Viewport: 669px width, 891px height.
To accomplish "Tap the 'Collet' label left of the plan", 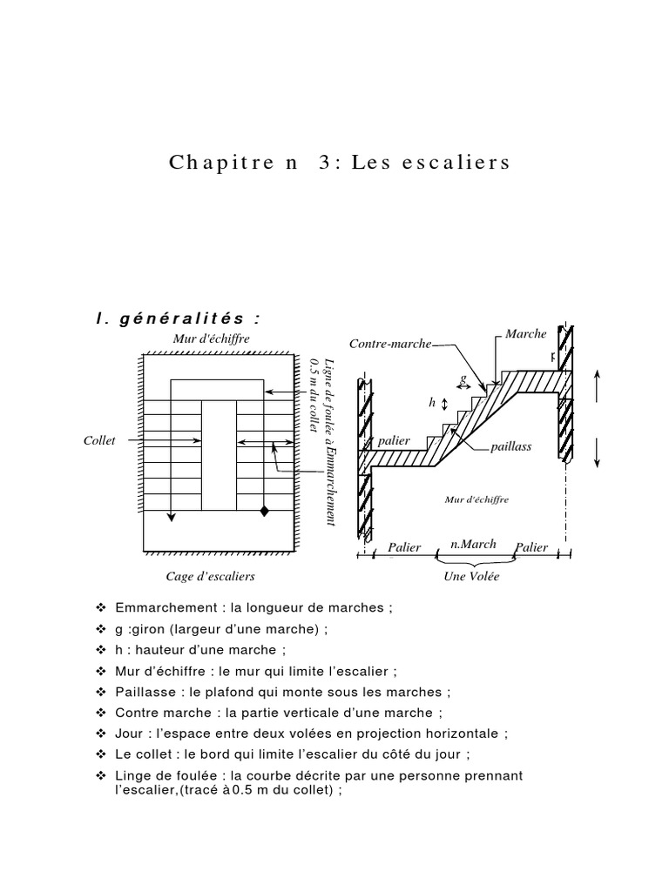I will [x=99, y=441].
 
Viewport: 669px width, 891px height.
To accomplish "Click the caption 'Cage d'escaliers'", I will [x=210, y=576].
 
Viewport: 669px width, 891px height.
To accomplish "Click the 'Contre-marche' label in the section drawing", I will [x=390, y=344].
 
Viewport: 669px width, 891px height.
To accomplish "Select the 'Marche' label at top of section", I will [x=525, y=333].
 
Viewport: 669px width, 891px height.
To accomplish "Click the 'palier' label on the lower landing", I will [x=394, y=440].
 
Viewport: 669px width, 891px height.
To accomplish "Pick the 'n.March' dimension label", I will [x=473, y=544].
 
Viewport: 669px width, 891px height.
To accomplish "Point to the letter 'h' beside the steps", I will [x=431, y=404].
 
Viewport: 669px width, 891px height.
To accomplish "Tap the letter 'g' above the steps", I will [x=463, y=379].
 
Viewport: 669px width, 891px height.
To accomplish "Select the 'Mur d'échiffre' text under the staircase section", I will [x=476, y=499].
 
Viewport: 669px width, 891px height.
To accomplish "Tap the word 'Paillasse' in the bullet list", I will [x=141, y=692].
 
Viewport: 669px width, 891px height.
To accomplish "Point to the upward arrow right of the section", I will [x=598, y=385].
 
